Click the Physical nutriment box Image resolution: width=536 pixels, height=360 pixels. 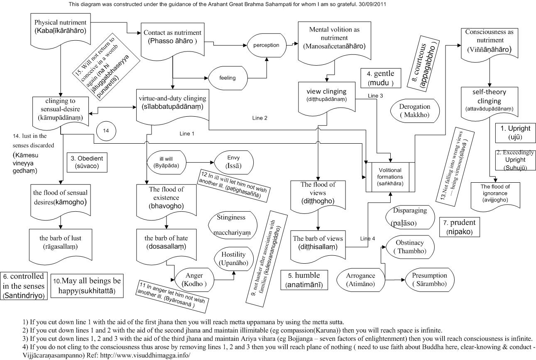(60, 26)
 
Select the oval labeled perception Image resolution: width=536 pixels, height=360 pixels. (266, 45)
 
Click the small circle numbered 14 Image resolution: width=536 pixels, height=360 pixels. (106, 130)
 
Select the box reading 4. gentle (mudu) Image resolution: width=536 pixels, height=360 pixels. (380, 78)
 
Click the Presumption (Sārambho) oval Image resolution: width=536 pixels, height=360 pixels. (430, 280)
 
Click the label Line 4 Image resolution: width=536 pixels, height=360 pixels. (367, 238)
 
